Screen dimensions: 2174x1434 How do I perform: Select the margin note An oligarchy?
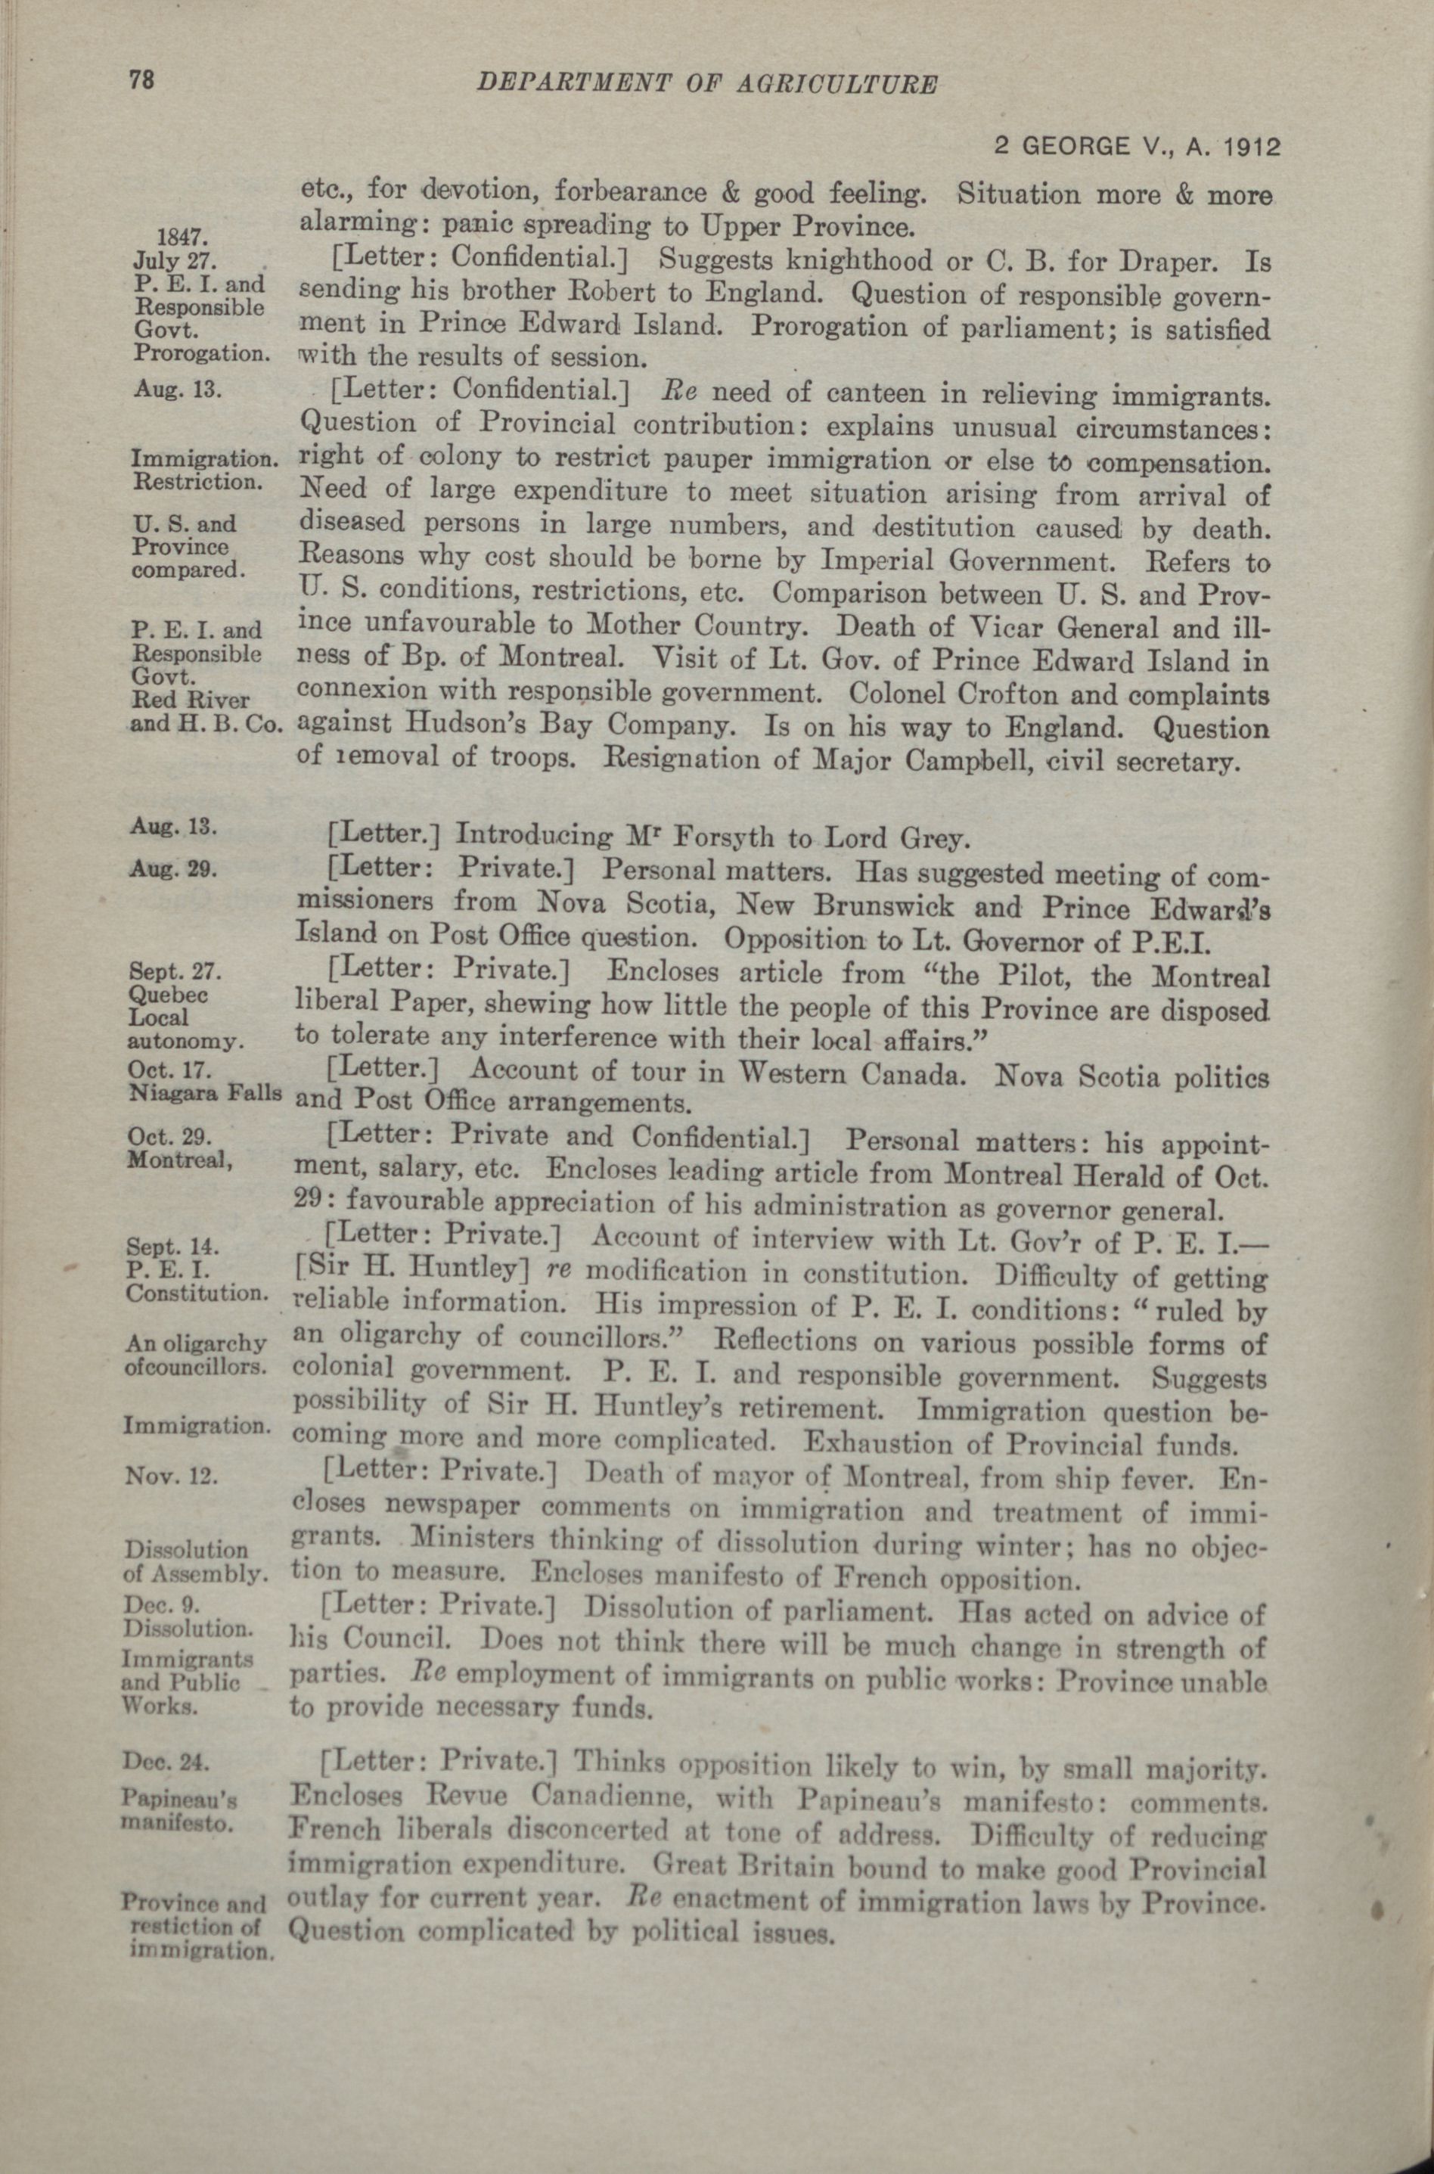[x=196, y=1343]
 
